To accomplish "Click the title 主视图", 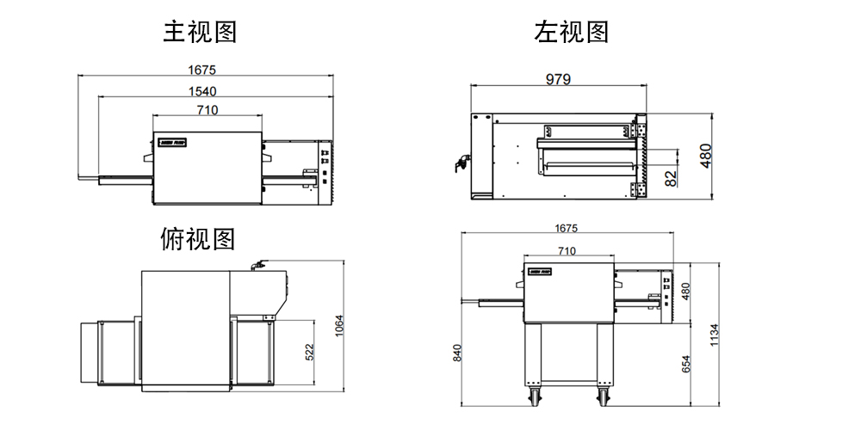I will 200,33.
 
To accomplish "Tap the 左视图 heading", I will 571,33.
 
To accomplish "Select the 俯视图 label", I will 197,238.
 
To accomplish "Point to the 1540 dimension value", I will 202,90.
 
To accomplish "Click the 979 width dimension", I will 558,78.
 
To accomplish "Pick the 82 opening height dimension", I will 672,178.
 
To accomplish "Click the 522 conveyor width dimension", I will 309,351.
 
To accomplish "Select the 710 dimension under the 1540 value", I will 207,109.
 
